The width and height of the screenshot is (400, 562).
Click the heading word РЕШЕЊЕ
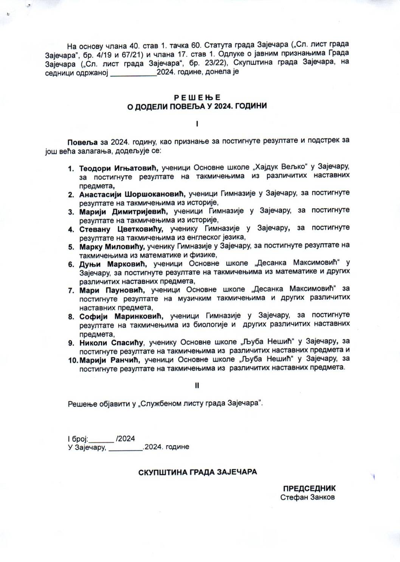pyautogui.click(x=197, y=97)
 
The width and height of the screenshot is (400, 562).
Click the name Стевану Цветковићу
pyautogui.click(x=121, y=229)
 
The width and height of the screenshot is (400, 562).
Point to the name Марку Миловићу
pyautogui.click(x=112, y=247)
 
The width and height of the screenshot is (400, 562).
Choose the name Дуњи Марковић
pyautogui.click(x=113, y=264)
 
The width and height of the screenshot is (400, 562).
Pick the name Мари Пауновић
pyautogui.click(x=112, y=290)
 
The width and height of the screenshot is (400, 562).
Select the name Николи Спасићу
pyautogui.click(x=111, y=343)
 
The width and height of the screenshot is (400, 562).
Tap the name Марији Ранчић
pyautogui.click(x=110, y=360)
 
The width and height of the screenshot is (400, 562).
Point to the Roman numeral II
pyautogui.click(x=197, y=385)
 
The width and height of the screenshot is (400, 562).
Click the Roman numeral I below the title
pyautogui.click(x=197, y=124)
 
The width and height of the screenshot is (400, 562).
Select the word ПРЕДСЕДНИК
pyautogui.click(x=309, y=488)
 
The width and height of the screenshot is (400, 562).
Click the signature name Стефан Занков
pyautogui.click(x=307, y=497)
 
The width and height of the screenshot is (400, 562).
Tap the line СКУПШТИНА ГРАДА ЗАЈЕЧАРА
pyautogui.click(x=198, y=472)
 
